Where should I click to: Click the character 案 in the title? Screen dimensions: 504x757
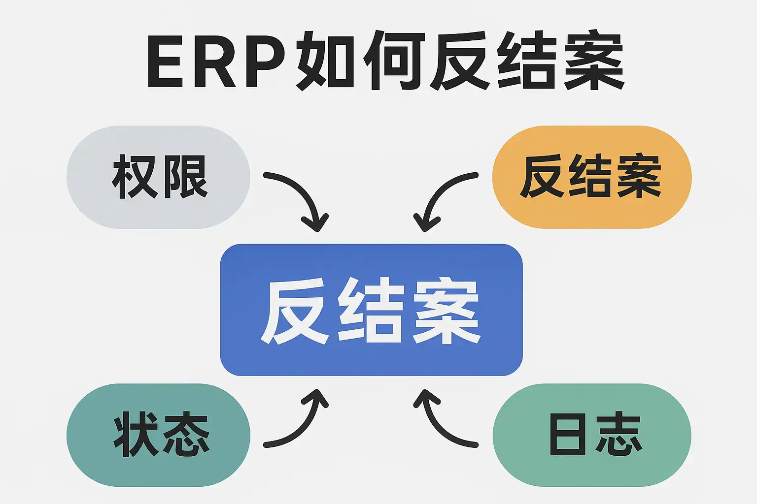click(x=594, y=62)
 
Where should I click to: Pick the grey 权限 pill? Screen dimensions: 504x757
click(x=158, y=177)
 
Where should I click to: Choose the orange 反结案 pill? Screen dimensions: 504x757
click(x=591, y=177)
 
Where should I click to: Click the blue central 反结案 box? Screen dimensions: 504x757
click(x=371, y=310)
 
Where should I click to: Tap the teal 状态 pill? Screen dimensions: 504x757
click(x=158, y=435)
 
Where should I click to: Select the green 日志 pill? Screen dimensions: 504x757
click(x=591, y=435)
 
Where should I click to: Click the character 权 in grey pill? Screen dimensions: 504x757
click(x=134, y=177)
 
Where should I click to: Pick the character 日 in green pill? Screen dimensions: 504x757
click(x=568, y=435)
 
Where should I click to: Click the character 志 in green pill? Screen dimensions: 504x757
click(x=618, y=435)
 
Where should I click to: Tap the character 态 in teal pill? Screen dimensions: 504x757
click(x=185, y=435)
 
